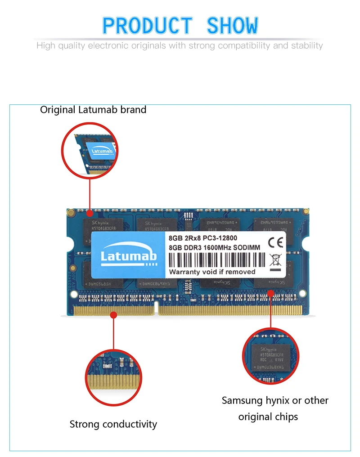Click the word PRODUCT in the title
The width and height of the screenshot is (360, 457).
(147, 26)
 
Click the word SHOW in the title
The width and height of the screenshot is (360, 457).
(232, 26)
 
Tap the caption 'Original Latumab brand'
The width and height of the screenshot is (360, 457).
(93, 110)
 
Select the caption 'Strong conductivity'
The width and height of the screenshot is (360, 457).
(113, 424)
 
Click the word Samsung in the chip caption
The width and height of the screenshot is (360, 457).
(242, 400)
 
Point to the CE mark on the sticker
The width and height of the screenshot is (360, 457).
(275, 243)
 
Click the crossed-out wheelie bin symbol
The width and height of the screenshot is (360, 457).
(275, 260)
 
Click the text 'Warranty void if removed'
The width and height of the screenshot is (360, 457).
(212, 272)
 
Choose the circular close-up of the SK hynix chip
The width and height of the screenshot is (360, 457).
(270, 356)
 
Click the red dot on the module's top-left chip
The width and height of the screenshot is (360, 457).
(90, 213)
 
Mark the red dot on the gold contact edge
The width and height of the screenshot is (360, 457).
(114, 316)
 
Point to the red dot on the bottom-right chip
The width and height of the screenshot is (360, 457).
(271, 293)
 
